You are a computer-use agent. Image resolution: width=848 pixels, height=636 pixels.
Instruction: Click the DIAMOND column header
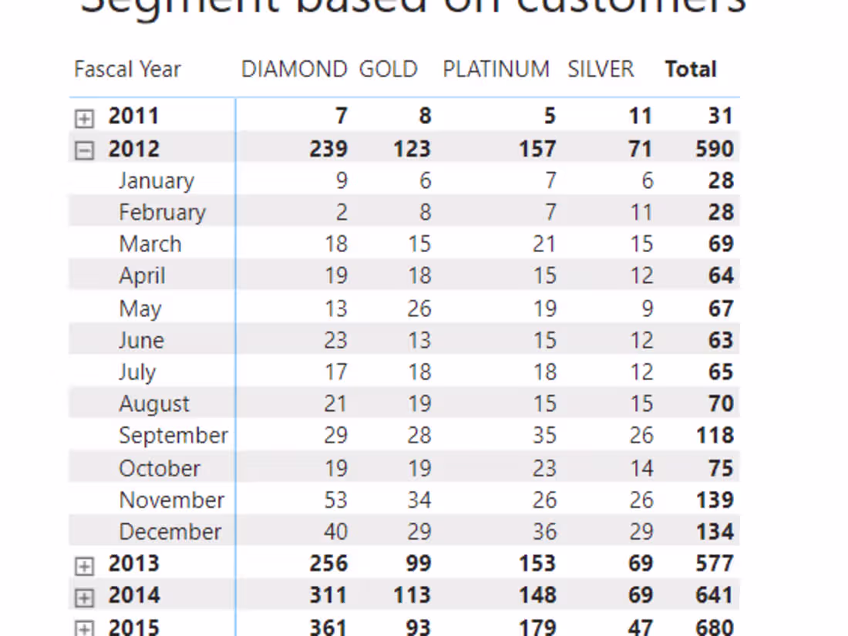tap(294, 69)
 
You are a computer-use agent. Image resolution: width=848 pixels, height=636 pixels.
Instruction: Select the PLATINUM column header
tap(496, 69)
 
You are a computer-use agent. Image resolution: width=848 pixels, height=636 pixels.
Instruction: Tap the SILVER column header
tap(601, 69)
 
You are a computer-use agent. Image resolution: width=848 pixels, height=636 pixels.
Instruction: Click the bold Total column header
tap(691, 69)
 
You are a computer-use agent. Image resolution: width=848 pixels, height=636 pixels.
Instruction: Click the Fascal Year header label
tap(127, 69)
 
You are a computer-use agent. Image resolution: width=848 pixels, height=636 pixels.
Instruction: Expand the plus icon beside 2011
tap(84, 118)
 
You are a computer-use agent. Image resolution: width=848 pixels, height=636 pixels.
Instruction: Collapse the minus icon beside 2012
tap(84, 150)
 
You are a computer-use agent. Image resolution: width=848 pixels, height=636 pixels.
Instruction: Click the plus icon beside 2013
tap(84, 566)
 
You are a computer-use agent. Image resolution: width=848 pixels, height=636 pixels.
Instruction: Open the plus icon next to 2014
tap(84, 597)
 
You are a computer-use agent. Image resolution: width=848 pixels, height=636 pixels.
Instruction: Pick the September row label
tap(173, 436)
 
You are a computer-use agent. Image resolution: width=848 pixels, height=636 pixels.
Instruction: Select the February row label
tap(162, 213)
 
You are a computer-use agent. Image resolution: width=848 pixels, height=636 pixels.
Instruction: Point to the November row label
tap(172, 500)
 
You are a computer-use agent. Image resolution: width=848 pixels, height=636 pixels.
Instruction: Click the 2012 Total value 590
tap(714, 149)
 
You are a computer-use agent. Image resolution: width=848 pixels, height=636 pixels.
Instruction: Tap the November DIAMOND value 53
tap(335, 500)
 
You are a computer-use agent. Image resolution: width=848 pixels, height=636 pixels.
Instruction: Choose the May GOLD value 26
tap(419, 309)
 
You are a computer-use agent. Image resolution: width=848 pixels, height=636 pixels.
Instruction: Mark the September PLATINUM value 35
tap(544, 436)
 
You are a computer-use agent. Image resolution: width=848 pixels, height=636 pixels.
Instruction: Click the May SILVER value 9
tap(647, 309)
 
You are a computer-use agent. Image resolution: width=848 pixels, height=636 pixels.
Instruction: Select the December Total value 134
tap(714, 532)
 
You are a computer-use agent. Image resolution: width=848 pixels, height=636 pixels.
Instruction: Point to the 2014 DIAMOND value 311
tap(328, 595)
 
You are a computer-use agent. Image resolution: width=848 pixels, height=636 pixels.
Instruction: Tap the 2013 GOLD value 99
tap(418, 564)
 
